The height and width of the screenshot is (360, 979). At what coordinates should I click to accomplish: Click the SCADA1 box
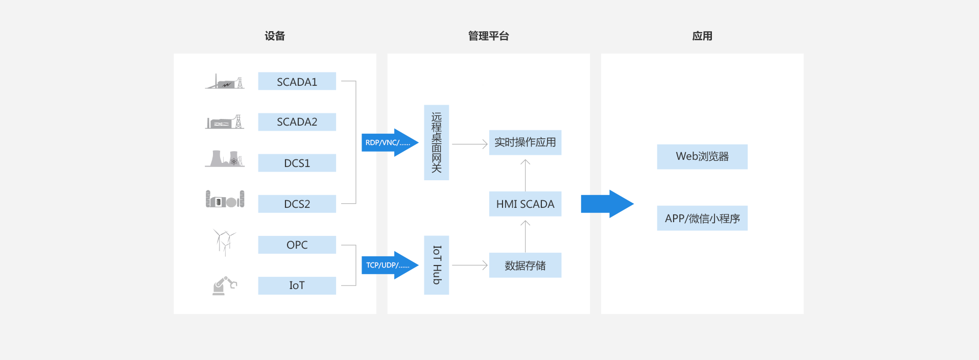click(297, 81)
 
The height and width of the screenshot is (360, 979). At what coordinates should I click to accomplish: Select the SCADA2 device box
click(297, 122)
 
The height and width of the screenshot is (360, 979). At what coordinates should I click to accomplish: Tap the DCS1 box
click(297, 163)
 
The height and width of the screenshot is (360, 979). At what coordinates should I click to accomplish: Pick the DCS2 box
click(297, 204)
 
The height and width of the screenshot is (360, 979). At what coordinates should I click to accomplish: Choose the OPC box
click(297, 245)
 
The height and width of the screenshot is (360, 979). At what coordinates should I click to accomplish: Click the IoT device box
click(297, 285)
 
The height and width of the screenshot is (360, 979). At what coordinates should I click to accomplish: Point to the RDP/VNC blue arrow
click(389, 142)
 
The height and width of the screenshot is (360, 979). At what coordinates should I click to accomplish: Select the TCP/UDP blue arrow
click(389, 265)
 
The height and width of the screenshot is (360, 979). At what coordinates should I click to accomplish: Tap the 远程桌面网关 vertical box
click(436, 142)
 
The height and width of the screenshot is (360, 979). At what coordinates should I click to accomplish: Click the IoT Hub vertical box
click(436, 265)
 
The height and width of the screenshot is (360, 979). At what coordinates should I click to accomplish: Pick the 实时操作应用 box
click(525, 142)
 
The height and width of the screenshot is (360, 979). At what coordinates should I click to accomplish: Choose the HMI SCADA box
click(525, 204)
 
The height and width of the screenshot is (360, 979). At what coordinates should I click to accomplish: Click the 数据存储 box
click(525, 265)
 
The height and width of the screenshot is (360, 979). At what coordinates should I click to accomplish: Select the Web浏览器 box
click(702, 157)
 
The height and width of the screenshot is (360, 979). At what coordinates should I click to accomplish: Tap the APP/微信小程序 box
click(702, 218)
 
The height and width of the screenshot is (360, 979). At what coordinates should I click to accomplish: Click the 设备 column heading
click(275, 36)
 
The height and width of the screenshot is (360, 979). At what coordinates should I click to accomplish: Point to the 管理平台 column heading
click(489, 36)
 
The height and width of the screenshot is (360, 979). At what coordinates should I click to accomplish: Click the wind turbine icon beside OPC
click(224, 242)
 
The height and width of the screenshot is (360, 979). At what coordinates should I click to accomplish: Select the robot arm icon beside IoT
click(224, 285)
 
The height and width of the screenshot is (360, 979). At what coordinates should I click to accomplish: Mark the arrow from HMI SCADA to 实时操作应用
click(525, 175)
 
